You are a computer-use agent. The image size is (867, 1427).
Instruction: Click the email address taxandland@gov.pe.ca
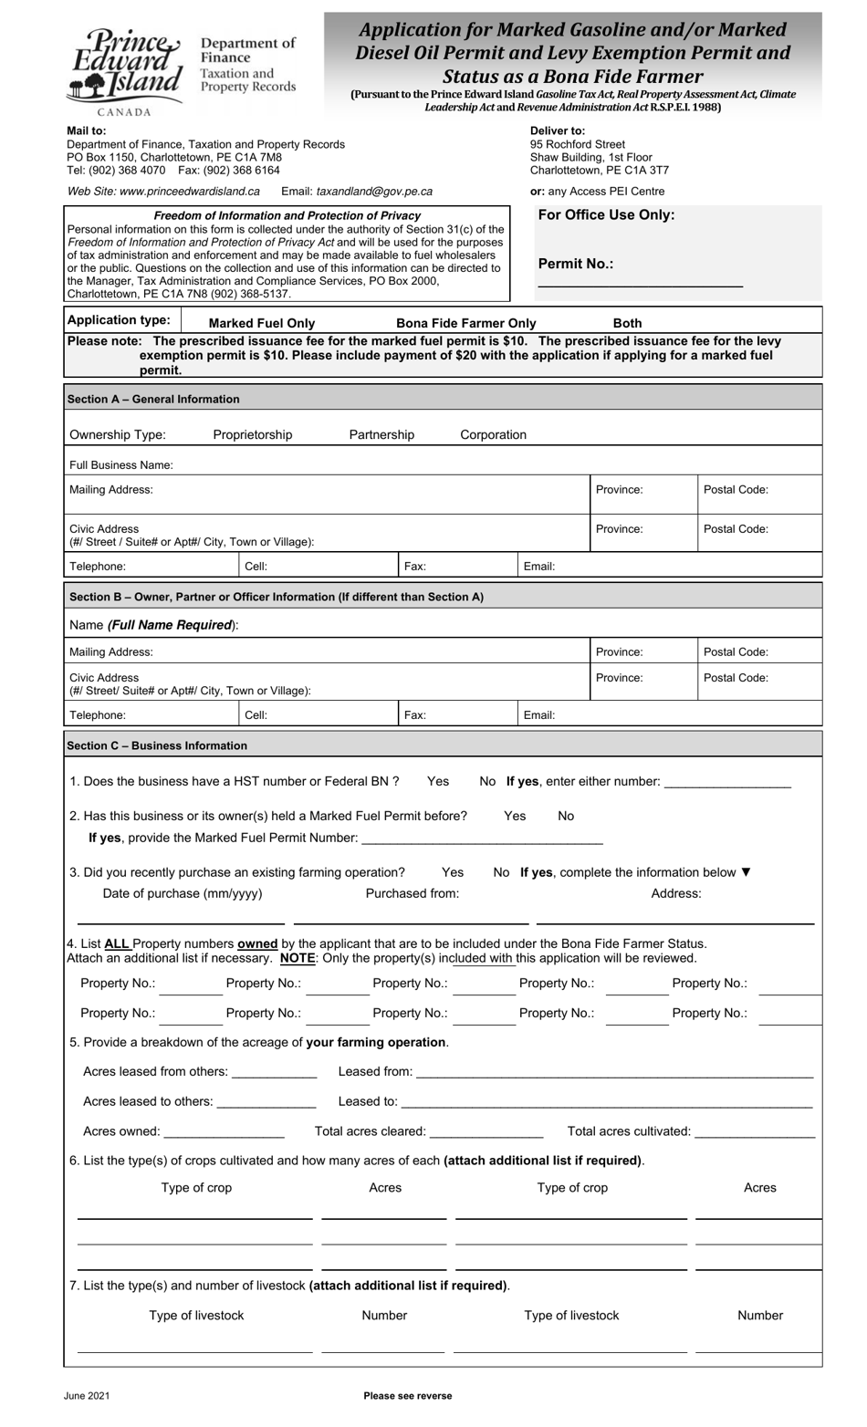pos(374,192)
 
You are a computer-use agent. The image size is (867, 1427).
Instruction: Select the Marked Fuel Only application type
pos(261,323)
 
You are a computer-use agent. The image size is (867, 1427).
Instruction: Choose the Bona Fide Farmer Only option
pos(465,323)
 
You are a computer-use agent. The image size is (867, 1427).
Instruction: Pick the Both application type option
pos(627,323)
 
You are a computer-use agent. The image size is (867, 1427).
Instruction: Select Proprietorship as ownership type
pos(252,435)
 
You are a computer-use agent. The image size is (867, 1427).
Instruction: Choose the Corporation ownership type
pos(493,435)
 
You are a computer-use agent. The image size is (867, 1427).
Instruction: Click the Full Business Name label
pos(121,465)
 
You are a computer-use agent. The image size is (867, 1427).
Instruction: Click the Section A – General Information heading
pos(153,400)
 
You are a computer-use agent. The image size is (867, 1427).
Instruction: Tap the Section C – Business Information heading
pos(157,745)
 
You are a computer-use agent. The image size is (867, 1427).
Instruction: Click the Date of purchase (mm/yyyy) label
pos(183,893)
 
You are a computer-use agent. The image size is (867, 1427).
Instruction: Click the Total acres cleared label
pos(370,1131)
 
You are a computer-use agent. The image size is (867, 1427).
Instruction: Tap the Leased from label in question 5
pos(375,1071)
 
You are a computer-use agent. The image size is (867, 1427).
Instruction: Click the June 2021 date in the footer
pos(87,1396)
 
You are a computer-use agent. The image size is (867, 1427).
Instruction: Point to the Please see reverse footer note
pos(407,1396)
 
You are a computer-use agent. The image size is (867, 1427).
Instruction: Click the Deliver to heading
pos(558,131)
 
